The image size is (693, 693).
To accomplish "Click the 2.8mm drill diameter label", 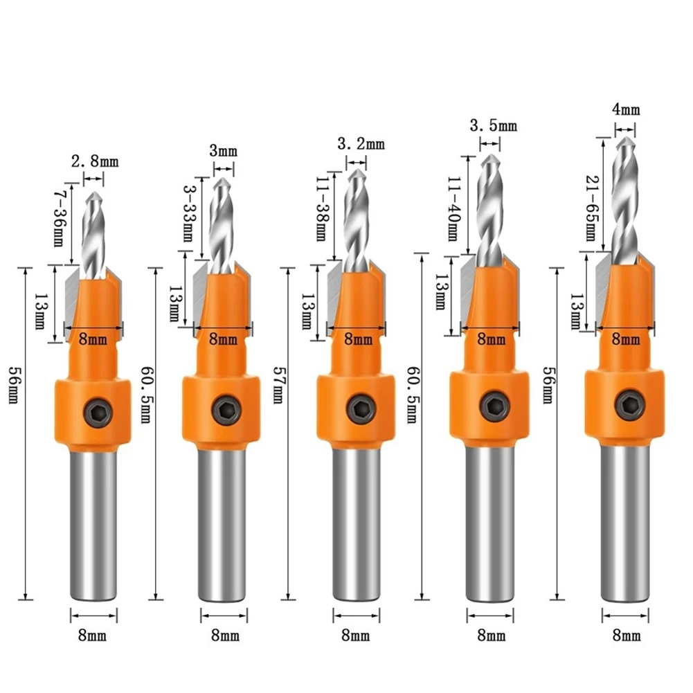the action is coord(95,161).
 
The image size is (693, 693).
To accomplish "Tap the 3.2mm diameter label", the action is coord(361,143).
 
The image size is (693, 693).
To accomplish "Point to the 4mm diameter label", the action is coord(626,109).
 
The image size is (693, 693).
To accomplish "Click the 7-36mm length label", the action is coord(60,218).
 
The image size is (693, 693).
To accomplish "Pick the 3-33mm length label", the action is coord(189,213).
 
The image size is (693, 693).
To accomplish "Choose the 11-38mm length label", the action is coord(322,208).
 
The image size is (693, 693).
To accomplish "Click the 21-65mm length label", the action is coord(591,208).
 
